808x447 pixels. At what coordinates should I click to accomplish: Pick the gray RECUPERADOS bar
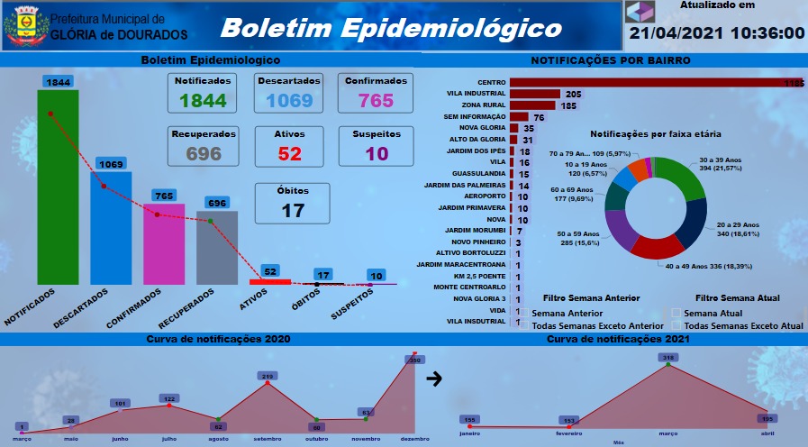216,248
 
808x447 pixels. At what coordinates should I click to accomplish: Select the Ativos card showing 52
290,146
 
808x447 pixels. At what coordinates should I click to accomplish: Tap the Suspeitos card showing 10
377,146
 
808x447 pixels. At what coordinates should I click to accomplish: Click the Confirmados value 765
377,100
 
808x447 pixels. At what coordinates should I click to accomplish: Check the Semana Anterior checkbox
524,313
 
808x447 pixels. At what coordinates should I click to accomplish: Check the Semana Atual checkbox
676,313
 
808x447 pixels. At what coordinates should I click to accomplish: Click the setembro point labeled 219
268,384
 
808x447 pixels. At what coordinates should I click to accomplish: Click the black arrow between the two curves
434,379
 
